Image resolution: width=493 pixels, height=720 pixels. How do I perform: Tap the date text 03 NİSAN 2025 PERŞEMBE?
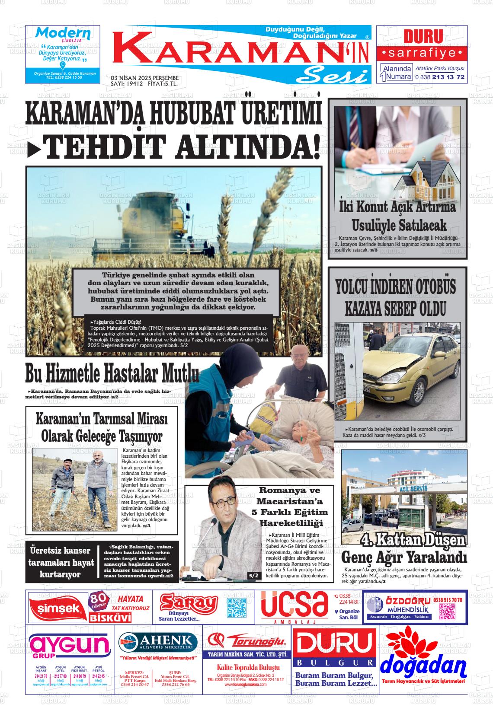145,78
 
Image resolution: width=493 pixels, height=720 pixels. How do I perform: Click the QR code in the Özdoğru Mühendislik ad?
447,611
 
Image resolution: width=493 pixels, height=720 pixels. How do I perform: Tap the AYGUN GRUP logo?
69,647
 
